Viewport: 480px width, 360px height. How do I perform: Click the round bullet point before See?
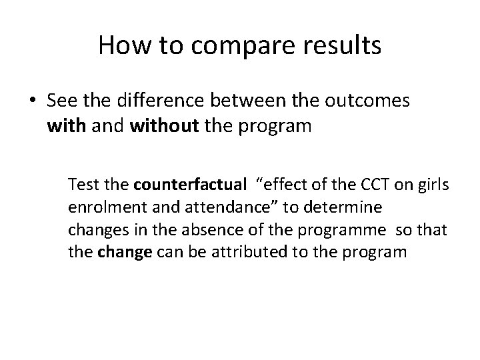click(37, 101)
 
